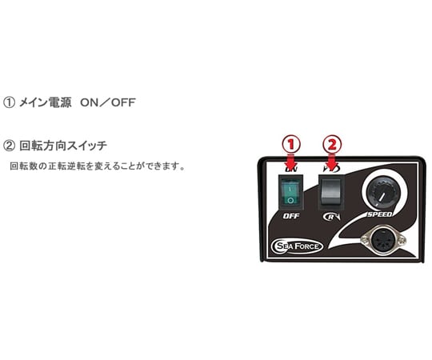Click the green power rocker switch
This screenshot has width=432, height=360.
pyautogui.click(x=290, y=192)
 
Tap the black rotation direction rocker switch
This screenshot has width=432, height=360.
pyautogui.click(x=331, y=191)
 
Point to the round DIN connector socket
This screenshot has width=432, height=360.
pyautogui.click(x=384, y=241)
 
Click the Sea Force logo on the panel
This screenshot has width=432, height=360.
pyautogui.click(x=297, y=246)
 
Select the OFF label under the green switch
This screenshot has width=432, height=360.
pyautogui.click(x=291, y=216)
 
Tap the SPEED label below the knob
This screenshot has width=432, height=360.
pyautogui.click(x=380, y=214)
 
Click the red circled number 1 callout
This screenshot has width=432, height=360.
pyautogui.click(x=291, y=144)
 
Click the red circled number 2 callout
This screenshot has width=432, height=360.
pyautogui.click(x=332, y=144)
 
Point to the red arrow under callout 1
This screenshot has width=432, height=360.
pyautogui.click(x=291, y=161)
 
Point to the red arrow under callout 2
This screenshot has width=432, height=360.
pyautogui.click(x=332, y=161)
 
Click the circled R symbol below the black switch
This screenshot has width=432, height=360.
pyautogui.click(x=331, y=217)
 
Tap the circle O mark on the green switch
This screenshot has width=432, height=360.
pyautogui.click(x=290, y=200)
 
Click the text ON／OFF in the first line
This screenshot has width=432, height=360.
pyautogui.click(x=108, y=102)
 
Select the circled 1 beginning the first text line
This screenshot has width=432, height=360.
pyautogui.click(x=9, y=102)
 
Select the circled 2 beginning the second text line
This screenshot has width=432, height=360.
pyautogui.click(x=9, y=146)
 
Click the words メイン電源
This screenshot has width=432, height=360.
pyautogui.click(x=45, y=102)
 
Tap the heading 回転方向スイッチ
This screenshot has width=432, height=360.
pyautogui.click(x=63, y=146)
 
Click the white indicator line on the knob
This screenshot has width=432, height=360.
pyautogui.click(x=382, y=197)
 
